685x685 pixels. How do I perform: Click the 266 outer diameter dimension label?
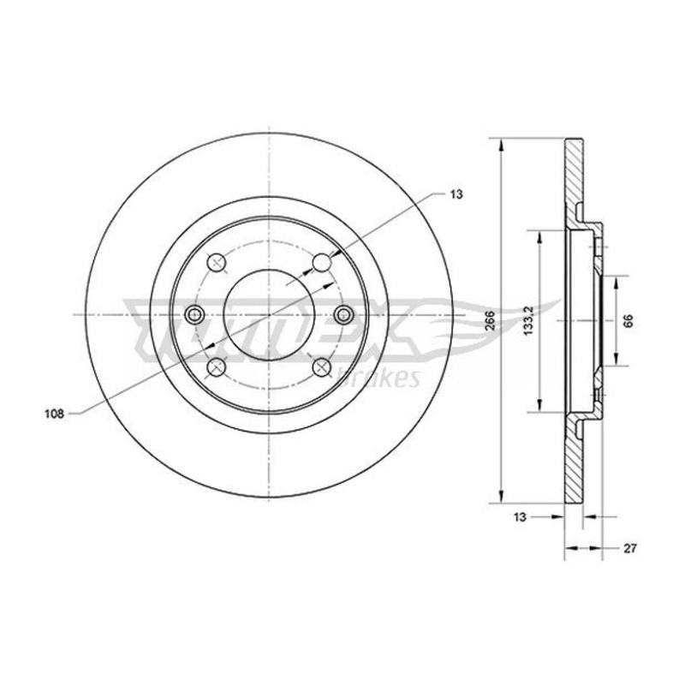pos(489,320)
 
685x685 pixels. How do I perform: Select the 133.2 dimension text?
pos(529,320)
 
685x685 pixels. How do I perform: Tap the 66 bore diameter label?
pos(628,320)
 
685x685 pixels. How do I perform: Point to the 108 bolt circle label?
pos(54,414)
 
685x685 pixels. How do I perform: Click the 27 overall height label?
pos(630,548)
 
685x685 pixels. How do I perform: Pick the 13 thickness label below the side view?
pos(520,517)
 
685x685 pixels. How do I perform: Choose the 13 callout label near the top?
pos(456,194)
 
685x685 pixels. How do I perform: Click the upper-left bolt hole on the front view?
pos(216,263)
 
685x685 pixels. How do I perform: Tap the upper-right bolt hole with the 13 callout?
pos(323,262)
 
